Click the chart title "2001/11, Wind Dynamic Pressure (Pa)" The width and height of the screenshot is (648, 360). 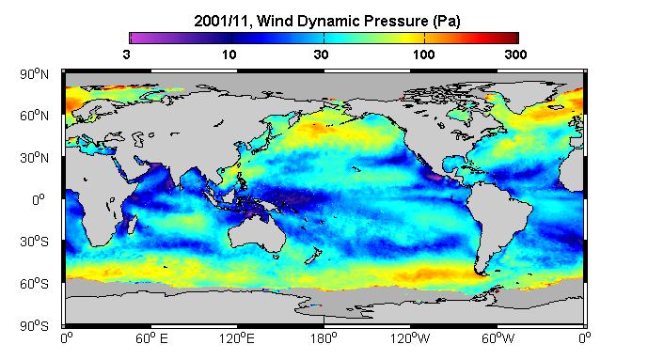tap(327, 21)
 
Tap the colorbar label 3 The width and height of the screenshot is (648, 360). tap(126, 55)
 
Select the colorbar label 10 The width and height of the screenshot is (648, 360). tap(229, 55)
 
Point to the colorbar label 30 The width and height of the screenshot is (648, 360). tap(321, 55)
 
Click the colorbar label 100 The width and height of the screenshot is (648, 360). tap(423, 55)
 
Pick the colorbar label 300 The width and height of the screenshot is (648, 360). tap(515, 55)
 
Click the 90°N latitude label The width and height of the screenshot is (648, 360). tap(34, 74)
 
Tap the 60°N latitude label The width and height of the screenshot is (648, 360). tap(34, 116)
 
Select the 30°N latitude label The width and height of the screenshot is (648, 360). tap(34, 158)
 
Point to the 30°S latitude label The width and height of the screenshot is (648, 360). tap(34, 242)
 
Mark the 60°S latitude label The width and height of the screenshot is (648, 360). tap(34, 284)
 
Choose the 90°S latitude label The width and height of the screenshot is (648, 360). tap(34, 326)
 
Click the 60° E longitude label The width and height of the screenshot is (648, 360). tap(151, 338)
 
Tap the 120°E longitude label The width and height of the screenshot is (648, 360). tap(237, 338)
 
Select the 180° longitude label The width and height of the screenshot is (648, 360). tap(324, 338)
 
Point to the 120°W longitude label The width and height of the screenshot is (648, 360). tap(410, 338)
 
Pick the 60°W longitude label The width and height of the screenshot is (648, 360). tap(498, 338)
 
